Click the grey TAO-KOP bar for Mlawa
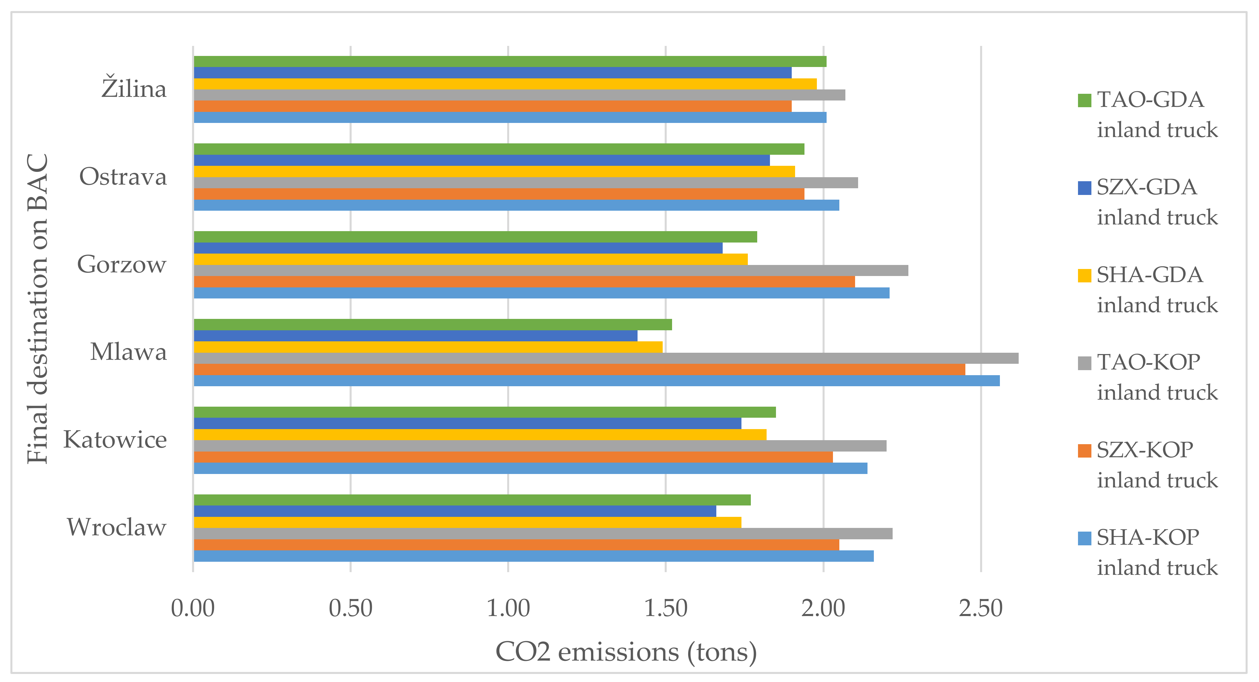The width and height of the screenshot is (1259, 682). tap(606, 358)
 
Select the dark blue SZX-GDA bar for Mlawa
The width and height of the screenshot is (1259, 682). tap(415, 336)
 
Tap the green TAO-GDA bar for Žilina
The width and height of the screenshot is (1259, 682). tap(510, 62)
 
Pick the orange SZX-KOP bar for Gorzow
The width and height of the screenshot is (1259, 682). tap(524, 281)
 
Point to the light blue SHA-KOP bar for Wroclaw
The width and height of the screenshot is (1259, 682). tap(533, 556)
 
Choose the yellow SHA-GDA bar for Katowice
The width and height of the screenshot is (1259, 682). tap(480, 434)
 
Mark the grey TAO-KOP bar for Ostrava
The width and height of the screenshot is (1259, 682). tap(526, 183)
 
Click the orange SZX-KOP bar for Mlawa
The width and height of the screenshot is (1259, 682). tap(579, 369)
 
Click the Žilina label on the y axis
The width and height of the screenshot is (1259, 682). tap(134, 88)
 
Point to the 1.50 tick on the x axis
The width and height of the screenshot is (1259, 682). tap(666, 609)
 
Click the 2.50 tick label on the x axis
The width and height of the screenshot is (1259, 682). tap(980, 609)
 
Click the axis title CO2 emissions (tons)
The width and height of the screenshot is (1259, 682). tap(626, 652)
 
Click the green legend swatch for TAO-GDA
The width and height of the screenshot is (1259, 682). tap(1084, 100)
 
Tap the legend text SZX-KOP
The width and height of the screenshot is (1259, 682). tap(1145, 450)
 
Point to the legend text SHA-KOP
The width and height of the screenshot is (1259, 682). tap(1148, 537)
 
